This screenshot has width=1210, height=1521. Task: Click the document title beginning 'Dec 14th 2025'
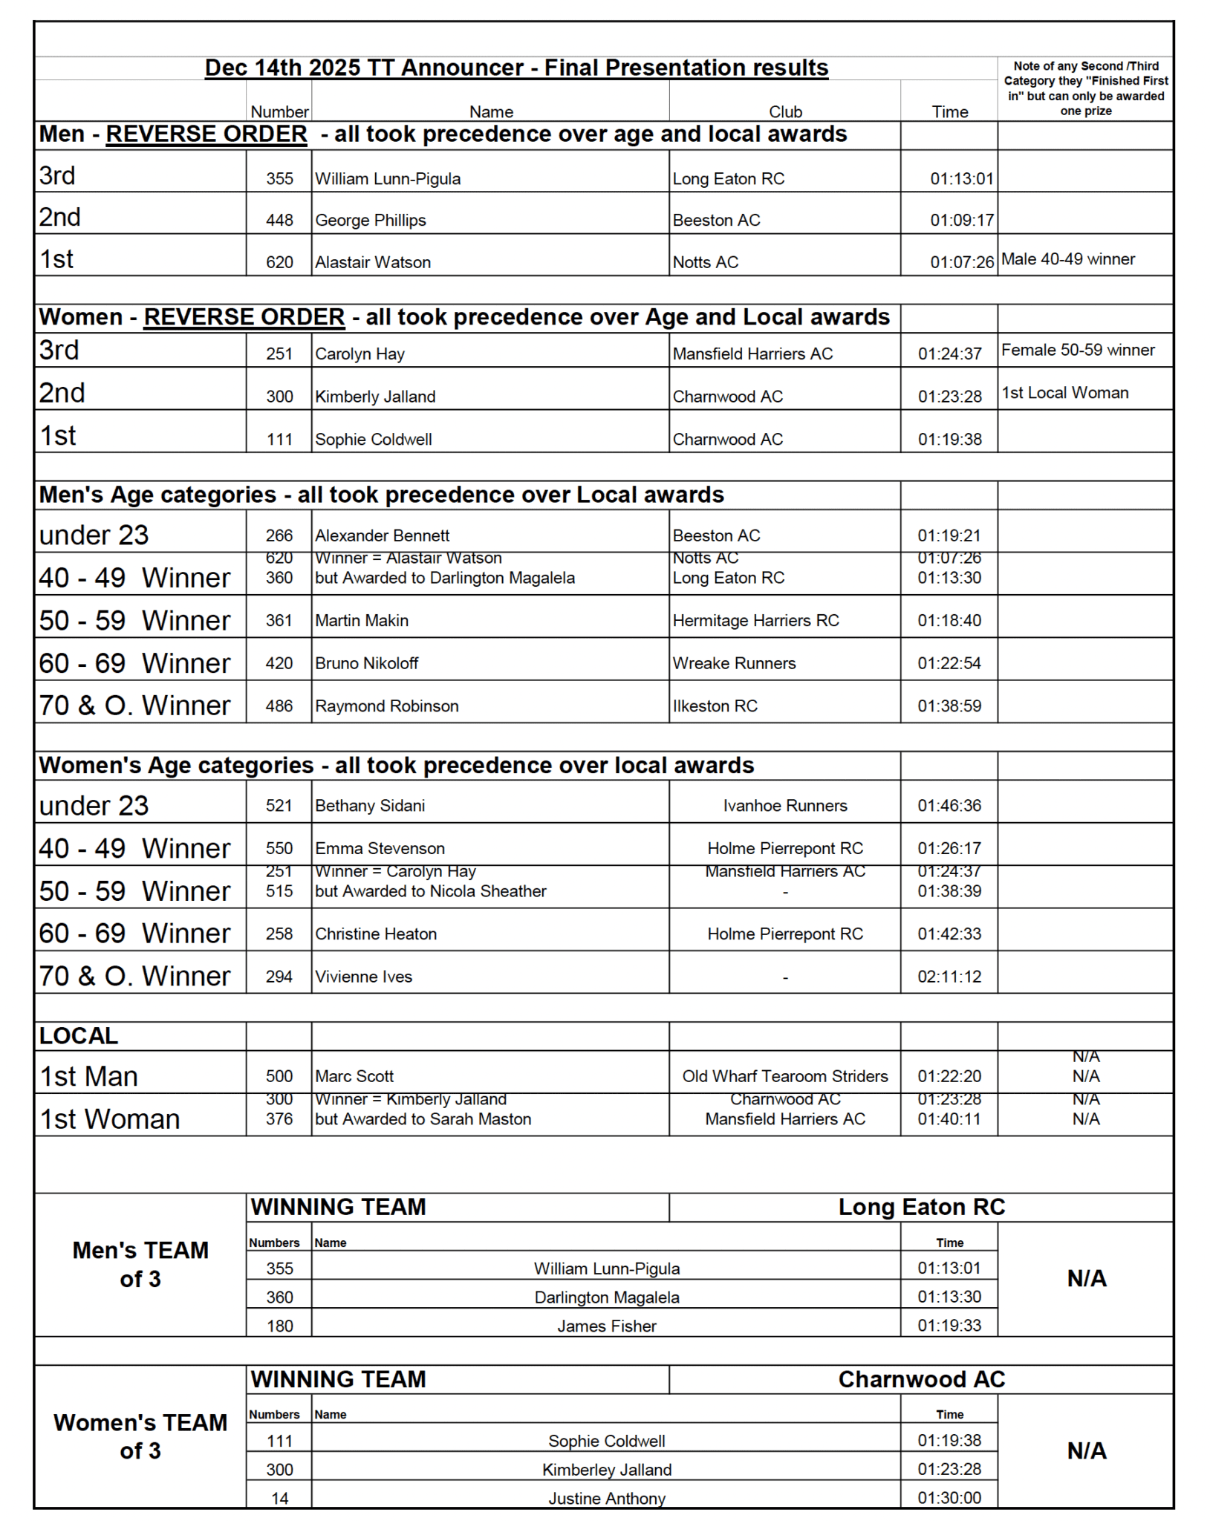(x=516, y=68)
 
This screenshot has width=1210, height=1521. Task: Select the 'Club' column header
(x=785, y=111)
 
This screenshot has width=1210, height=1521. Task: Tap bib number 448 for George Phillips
(x=279, y=220)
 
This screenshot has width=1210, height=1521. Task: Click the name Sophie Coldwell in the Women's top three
(x=373, y=439)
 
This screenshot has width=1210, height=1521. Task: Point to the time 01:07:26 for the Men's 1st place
(x=962, y=261)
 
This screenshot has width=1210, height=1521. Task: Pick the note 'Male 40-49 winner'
(x=1067, y=259)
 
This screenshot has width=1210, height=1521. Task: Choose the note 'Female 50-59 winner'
(x=1077, y=350)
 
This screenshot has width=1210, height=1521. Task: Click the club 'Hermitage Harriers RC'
(x=755, y=620)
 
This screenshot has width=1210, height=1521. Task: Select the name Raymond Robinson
(x=386, y=706)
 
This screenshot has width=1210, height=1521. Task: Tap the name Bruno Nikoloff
(x=366, y=663)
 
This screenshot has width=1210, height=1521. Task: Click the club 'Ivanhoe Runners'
(x=785, y=805)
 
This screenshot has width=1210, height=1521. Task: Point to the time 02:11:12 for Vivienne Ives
(x=949, y=976)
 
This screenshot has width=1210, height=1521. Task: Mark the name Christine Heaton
(x=375, y=934)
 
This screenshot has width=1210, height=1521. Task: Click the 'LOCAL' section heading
(x=78, y=1035)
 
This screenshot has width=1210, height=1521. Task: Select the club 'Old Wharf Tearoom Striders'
(x=785, y=1076)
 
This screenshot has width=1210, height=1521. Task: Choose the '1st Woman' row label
(x=109, y=1118)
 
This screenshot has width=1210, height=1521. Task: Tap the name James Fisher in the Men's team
(x=607, y=1326)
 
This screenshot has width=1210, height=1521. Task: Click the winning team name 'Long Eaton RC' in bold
(x=921, y=1207)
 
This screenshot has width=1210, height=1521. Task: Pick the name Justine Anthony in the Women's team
(x=607, y=1498)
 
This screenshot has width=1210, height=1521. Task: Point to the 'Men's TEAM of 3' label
(x=140, y=1264)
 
